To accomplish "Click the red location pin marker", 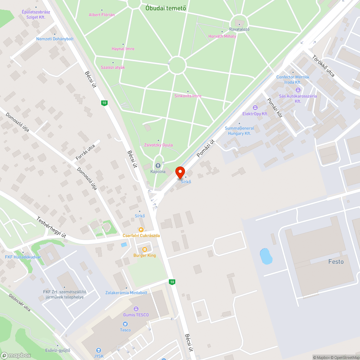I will click(180, 172).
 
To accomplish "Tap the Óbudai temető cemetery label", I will click(166, 8).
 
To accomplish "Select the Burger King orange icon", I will click(145, 249).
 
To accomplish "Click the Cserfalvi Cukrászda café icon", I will click(141, 229).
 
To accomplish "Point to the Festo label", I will click(336, 262).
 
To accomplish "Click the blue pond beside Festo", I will click(266, 256).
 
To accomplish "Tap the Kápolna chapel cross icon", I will click(158, 166).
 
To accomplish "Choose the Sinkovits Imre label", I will click(188, 96).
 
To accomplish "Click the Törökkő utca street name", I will click(323, 66).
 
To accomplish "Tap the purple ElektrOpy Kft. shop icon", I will click(255, 107).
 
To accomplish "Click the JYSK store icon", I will click(98, 350).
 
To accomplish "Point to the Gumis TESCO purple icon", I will click(136, 309).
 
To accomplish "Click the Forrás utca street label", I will click(85, 152).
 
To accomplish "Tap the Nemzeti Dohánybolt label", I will click(55, 39).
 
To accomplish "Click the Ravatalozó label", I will click(239, 29).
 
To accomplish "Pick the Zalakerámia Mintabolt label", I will click(126, 293).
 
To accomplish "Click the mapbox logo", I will click(16, 355).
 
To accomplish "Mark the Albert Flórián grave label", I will click(102, 15).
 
